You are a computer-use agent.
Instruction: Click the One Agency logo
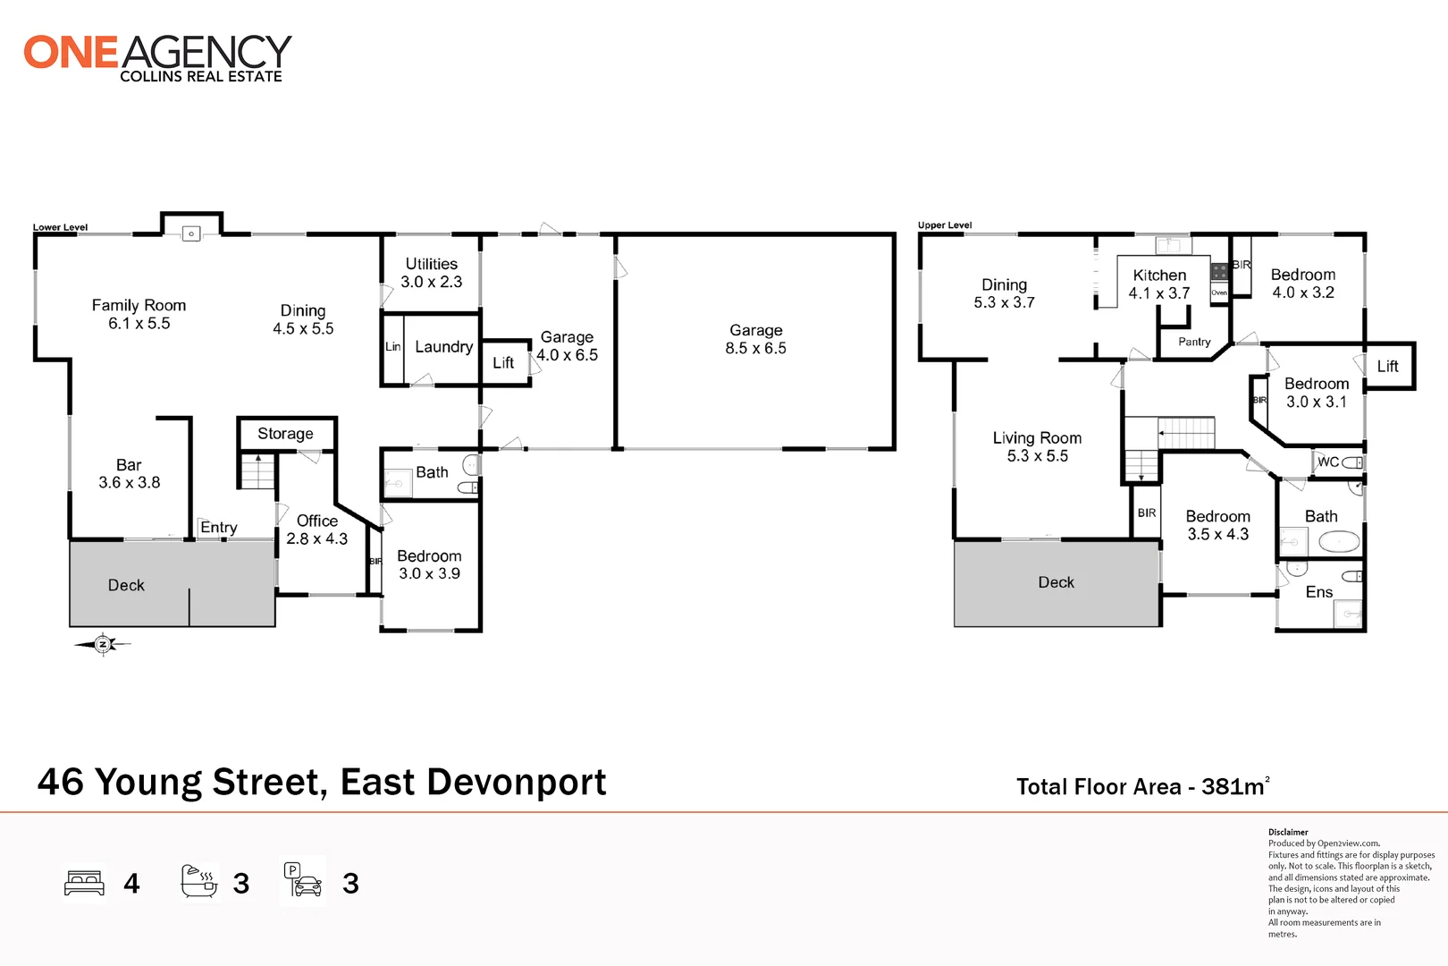pos(157,57)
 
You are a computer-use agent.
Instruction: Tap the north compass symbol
pos(103,644)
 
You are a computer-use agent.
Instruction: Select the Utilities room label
pos(431,264)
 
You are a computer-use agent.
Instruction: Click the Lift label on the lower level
pos(503,363)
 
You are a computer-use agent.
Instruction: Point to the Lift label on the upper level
pos(1387,366)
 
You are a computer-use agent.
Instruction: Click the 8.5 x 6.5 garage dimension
pos(755,349)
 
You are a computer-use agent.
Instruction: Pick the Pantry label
pos(1194,342)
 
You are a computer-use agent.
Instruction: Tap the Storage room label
pos(285,434)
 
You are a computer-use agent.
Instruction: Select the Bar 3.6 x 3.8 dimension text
pos(130,483)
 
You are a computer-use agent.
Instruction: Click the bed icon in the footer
pos(85,883)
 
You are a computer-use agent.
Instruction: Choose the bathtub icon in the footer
pos(199,882)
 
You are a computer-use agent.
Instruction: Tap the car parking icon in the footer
pos(303,880)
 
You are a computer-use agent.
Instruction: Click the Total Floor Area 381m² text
pos(1141,787)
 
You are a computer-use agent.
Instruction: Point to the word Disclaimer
pos(1288,832)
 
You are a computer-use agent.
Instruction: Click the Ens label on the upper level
pos(1318,592)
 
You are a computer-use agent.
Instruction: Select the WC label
pos(1328,462)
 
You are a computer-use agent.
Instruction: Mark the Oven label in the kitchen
pos(1219,292)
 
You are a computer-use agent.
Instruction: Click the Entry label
pos(219,528)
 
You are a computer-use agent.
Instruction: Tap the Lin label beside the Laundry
pos(392,347)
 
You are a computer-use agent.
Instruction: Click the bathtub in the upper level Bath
pos(1339,542)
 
